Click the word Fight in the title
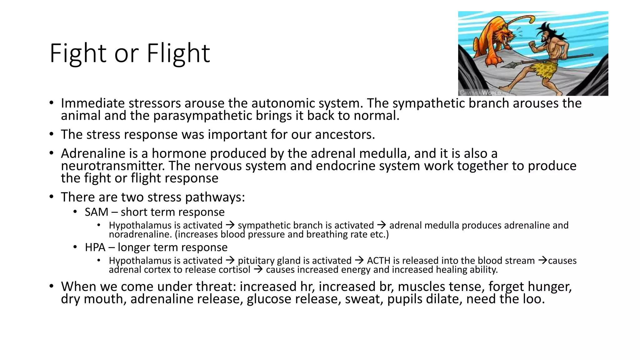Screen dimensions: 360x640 [x=78, y=53]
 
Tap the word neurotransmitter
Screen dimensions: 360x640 [x=112, y=166]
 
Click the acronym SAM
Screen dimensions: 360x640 [x=96, y=212]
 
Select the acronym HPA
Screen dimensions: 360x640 [x=95, y=247]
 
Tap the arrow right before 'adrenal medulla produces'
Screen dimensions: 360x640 [x=382, y=225]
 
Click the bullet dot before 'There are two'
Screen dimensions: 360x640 [x=52, y=197]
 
